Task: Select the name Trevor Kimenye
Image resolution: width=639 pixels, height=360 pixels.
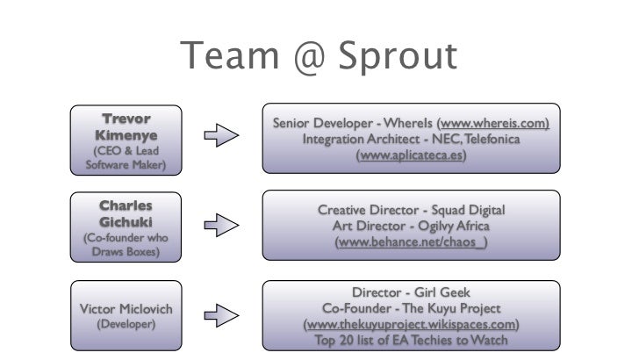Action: point(126,127)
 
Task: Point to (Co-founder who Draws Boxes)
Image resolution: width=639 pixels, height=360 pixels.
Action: point(126,244)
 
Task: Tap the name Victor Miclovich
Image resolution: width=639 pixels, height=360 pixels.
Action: point(126,309)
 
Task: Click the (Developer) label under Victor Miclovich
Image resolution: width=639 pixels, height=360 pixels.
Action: point(126,324)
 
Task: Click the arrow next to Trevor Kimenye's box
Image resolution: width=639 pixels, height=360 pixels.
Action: point(221,136)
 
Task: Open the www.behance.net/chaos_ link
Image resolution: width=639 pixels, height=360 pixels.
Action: point(411,241)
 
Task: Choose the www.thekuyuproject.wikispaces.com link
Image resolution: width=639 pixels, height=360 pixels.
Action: point(411,324)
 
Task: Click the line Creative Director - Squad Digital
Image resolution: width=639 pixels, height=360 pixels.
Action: point(411,210)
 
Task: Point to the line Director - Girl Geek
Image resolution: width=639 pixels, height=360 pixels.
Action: point(411,292)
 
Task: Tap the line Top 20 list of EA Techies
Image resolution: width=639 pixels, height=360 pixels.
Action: point(411,340)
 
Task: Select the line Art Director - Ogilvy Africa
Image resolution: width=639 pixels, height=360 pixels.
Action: point(411,226)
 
